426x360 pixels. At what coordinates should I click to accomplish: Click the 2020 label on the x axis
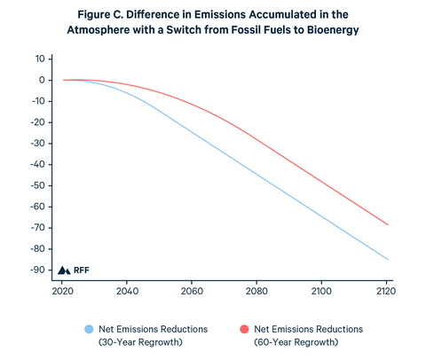point(63,290)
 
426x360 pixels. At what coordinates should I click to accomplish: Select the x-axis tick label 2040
point(128,290)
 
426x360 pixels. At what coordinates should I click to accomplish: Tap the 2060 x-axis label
point(193,290)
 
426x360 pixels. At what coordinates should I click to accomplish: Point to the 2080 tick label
point(257,290)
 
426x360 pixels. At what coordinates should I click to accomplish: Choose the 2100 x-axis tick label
point(322,290)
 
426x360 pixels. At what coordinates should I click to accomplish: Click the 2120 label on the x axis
point(386,290)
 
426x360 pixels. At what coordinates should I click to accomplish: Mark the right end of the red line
point(387,224)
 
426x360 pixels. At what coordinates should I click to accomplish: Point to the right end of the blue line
point(387,260)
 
